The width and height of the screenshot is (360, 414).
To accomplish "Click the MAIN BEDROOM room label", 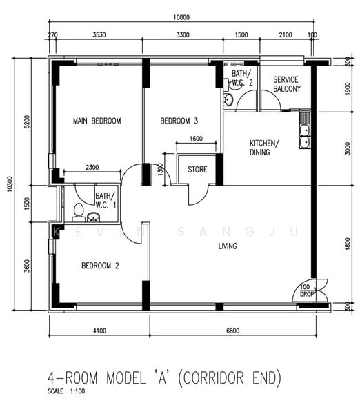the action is pyautogui.click(x=97, y=121).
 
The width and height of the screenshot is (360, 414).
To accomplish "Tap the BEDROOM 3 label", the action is pyautogui.click(x=179, y=121).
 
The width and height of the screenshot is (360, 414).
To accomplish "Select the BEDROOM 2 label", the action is pyautogui.click(x=100, y=266).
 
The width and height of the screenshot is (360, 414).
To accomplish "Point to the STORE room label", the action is pyautogui.click(x=197, y=169).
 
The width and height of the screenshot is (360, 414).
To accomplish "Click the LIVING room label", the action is pyautogui.click(x=228, y=246).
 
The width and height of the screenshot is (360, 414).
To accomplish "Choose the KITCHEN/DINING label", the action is pyautogui.click(x=264, y=148).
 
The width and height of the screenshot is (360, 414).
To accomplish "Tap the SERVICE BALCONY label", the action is pyautogui.click(x=287, y=84).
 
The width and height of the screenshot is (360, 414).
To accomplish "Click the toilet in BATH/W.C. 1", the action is pyautogui.click(x=79, y=213).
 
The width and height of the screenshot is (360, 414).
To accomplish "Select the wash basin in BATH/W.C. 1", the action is pyautogui.click(x=93, y=217).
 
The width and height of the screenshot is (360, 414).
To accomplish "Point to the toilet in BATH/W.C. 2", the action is pyautogui.click(x=232, y=84).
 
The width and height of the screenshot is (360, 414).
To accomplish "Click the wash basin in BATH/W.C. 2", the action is pyautogui.click(x=228, y=100).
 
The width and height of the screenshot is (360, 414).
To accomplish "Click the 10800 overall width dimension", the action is pyautogui.click(x=181, y=17).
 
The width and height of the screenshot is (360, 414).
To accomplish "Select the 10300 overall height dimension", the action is pyautogui.click(x=9, y=184).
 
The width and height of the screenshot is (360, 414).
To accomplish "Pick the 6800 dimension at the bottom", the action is pyautogui.click(x=233, y=331).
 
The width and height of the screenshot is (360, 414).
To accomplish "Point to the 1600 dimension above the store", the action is pyautogui.click(x=196, y=139).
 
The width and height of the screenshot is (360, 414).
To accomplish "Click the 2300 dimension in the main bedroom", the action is pyautogui.click(x=92, y=167).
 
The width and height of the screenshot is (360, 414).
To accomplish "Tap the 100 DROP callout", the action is pyautogui.click(x=306, y=290).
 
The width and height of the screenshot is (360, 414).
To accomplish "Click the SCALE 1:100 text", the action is pyautogui.click(x=66, y=391).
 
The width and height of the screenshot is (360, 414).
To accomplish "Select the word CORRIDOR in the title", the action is pyautogui.click(x=212, y=377).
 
